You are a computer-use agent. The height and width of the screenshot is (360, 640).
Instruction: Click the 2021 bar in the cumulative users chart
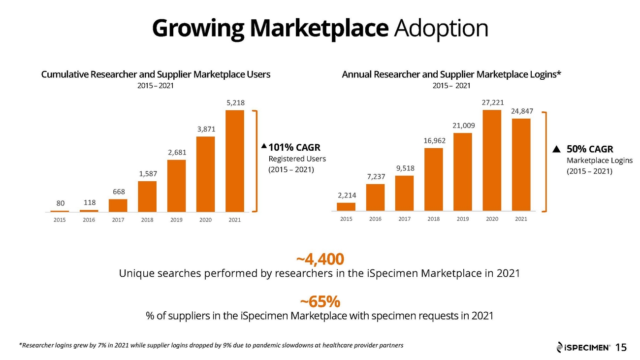pyautogui.click(x=234, y=161)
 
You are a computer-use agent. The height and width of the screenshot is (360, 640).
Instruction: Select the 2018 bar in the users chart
pyautogui.click(x=147, y=196)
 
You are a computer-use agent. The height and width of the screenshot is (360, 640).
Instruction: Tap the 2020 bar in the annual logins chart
pyautogui.click(x=492, y=160)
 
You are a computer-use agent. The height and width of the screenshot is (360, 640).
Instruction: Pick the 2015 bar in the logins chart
pyautogui.click(x=346, y=207)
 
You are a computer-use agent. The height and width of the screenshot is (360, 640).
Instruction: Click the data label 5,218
pyautogui.click(x=235, y=102)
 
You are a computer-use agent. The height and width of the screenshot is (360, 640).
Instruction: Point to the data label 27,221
pyautogui.click(x=493, y=102)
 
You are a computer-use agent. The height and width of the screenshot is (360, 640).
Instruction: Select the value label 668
pyautogui.click(x=119, y=192)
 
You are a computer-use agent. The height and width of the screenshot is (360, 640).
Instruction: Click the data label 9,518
pyautogui.click(x=405, y=168)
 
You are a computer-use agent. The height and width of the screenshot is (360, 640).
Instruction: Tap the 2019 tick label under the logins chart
pyautogui.click(x=463, y=219)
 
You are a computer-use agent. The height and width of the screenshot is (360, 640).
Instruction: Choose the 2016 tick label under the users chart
pyautogui.click(x=89, y=220)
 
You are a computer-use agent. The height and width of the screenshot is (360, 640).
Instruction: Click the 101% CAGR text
pyautogui.click(x=294, y=147)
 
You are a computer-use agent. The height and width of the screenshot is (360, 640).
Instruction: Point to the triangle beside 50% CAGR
pyautogui.click(x=556, y=149)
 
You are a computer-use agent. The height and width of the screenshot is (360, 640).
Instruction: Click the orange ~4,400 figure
pyautogui.click(x=320, y=259)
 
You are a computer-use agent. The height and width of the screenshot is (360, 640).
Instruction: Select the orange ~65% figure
pyautogui.click(x=320, y=301)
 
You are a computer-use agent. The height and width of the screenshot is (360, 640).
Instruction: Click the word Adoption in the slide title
pyautogui.click(x=441, y=29)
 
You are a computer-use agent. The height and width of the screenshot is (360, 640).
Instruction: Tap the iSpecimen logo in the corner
pyautogui.click(x=583, y=347)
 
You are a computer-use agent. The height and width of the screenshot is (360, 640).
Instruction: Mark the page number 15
pyautogui.click(x=621, y=347)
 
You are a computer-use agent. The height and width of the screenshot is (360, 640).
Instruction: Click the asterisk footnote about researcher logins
pyautogui.click(x=211, y=345)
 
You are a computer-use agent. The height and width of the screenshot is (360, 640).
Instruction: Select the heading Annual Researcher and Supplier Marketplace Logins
pyautogui.click(x=451, y=74)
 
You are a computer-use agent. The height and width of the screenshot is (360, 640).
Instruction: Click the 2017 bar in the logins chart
pyautogui.click(x=404, y=194)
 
